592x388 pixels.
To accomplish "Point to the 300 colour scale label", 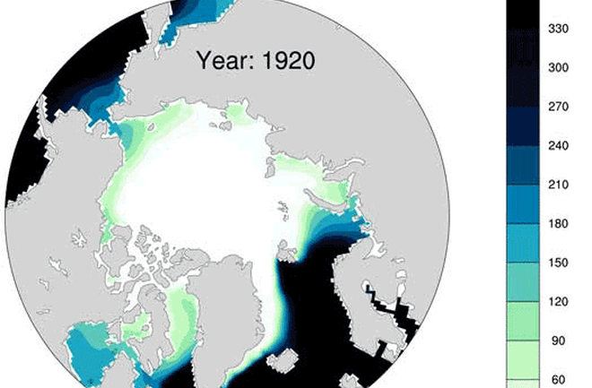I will click(558, 68).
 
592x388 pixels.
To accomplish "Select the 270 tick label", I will click(558, 107).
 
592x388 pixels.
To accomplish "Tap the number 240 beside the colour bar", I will click(558, 144).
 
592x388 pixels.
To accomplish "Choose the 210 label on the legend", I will click(558, 186).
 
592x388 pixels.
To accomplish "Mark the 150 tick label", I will click(558, 263).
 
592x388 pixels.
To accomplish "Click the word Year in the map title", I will click(222, 63).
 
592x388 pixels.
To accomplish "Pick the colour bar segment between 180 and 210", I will click(522, 204).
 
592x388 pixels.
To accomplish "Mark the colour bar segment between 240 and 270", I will click(522, 126).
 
